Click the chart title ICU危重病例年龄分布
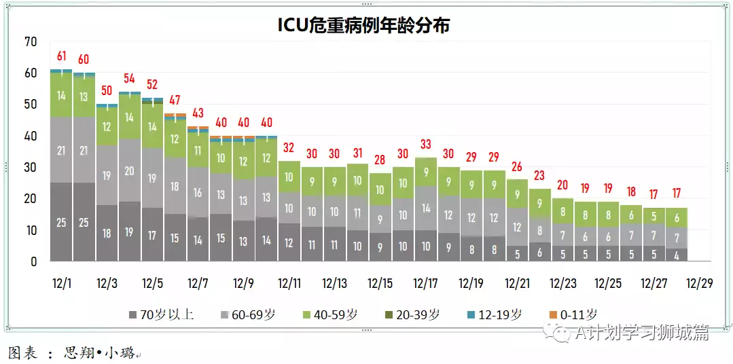[x=363, y=25]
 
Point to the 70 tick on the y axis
[x=31, y=42]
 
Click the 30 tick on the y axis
[x=31, y=168]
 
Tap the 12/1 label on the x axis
[x=61, y=283]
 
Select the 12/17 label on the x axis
[x=425, y=283]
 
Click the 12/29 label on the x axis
[x=699, y=283]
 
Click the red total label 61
[x=61, y=56]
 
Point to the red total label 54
[x=129, y=78]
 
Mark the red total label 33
[x=425, y=144]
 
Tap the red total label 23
[x=539, y=175]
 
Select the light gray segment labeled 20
[x=129, y=171]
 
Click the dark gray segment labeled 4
[x=676, y=255]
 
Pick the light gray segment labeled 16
[x=198, y=193]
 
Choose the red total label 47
[x=175, y=101]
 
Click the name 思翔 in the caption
[x=75, y=354]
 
